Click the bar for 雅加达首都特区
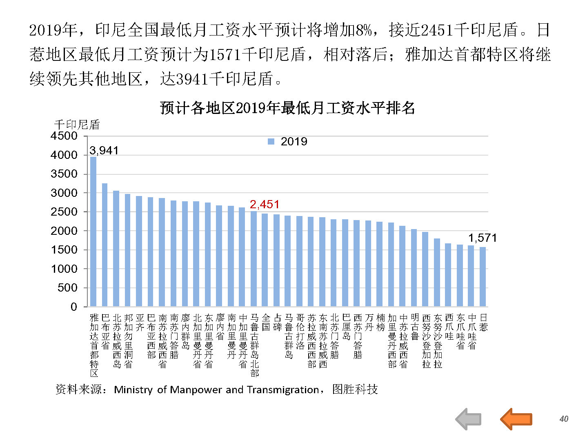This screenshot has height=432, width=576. (93, 232)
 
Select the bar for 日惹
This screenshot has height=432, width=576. (483, 276)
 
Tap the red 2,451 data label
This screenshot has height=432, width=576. (265, 204)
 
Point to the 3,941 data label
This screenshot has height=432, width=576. (104, 151)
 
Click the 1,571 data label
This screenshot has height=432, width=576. (483, 238)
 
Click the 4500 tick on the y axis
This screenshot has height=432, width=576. (64, 136)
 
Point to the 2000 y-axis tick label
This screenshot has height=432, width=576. (64, 231)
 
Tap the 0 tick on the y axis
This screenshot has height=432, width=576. (73, 307)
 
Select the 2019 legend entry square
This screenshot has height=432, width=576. (271, 142)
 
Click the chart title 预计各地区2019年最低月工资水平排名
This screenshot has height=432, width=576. (287, 108)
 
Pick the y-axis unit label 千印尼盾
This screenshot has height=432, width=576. (77, 124)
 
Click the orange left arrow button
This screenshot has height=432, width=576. (516, 419)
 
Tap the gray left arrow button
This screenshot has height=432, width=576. (468, 419)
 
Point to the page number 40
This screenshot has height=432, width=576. (564, 419)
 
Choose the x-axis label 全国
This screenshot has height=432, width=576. (266, 322)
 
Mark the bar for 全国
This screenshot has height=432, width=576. (265, 260)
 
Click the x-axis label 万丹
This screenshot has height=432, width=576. (369, 322)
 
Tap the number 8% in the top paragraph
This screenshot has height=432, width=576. (364, 30)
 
